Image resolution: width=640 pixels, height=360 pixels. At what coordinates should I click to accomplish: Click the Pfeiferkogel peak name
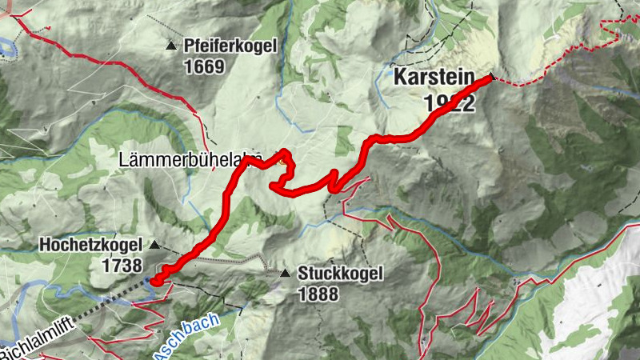tap(230, 46)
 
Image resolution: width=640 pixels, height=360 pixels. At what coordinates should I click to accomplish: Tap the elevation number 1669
tap(204, 66)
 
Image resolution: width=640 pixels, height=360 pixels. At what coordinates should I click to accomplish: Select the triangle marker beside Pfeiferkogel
tap(170, 46)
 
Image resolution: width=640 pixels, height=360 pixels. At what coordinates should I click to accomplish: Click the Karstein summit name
tap(434, 80)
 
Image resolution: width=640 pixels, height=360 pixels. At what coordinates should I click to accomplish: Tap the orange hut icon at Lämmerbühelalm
tap(281, 157)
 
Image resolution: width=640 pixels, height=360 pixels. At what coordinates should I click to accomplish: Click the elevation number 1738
tap(122, 266)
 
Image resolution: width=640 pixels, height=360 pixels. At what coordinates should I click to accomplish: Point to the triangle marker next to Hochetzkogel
tap(155, 245)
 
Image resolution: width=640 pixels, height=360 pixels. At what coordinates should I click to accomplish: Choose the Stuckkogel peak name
tap(340, 274)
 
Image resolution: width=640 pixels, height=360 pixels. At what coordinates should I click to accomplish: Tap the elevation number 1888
tap(318, 294)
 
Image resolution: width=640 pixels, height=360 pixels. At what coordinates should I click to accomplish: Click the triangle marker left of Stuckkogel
tap(286, 274)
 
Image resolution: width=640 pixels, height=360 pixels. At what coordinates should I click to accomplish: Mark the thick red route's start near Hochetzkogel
tap(157, 280)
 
